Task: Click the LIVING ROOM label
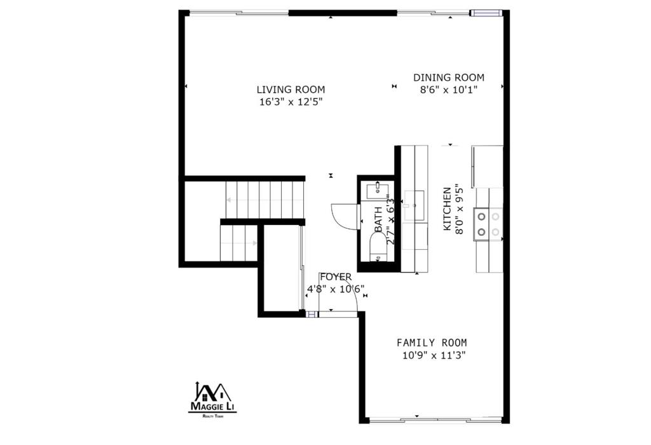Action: click(291, 90)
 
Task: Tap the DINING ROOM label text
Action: click(448, 78)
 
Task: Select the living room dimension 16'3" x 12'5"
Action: click(291, 102)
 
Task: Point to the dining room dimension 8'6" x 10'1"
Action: click(448, 90)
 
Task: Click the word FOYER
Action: click(335, 277)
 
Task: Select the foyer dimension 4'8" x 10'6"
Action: click(335, 289)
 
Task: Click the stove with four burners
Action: click(488, 224)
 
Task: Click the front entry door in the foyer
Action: click(339, 313)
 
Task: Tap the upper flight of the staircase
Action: click(264, 200)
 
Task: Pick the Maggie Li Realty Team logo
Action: click(212, 399)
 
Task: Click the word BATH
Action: click(379, 219)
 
